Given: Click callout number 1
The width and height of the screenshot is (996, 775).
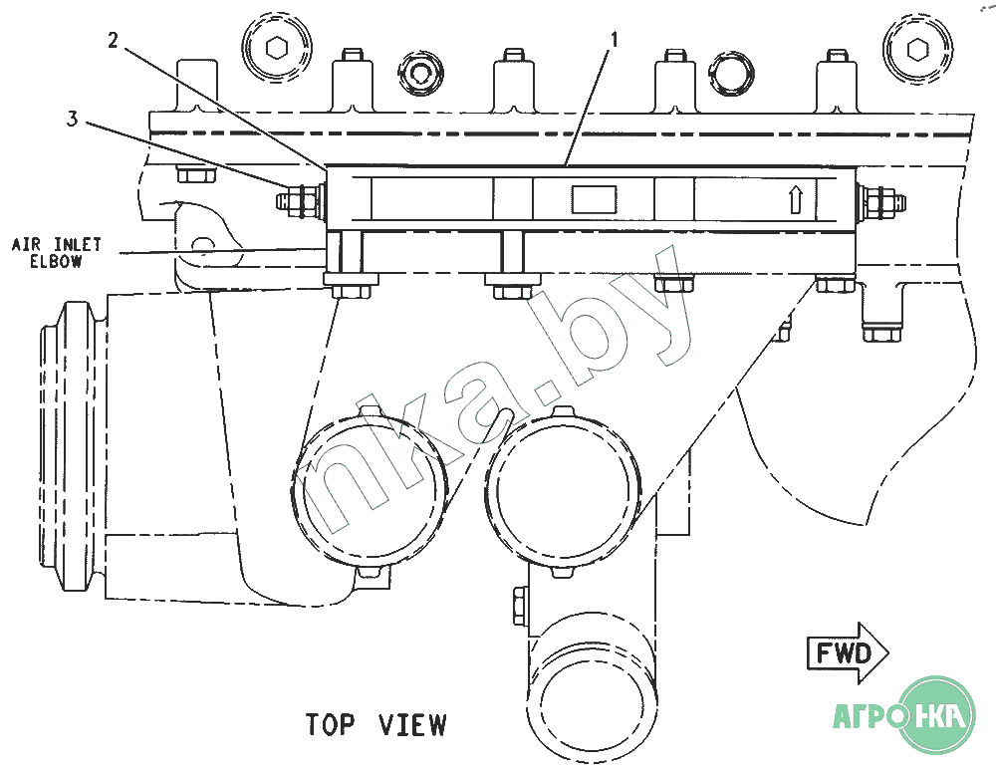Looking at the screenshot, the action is tap(614, 41).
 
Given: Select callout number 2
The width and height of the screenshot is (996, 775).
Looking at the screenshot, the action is tap(114, 41).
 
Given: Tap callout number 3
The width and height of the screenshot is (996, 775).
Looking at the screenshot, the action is tap(73, 119).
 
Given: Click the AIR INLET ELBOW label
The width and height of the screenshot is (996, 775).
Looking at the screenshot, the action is tap(56, 253).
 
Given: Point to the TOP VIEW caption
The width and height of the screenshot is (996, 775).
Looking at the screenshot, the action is tap(376, 725).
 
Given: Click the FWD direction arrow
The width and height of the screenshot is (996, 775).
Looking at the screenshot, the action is tap(848, 653).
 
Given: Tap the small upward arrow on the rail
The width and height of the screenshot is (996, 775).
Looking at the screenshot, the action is tap(795, 199).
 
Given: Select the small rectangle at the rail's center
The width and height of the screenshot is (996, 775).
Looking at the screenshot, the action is tap(594, 199).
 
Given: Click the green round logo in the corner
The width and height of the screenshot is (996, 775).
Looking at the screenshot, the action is tap(937, 715).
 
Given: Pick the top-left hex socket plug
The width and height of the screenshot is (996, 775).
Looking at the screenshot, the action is tap(277, 47).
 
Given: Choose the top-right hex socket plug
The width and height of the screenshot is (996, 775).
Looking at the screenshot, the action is tap(918, 47).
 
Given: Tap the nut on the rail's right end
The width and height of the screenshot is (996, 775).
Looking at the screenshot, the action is tap(881, 200).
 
